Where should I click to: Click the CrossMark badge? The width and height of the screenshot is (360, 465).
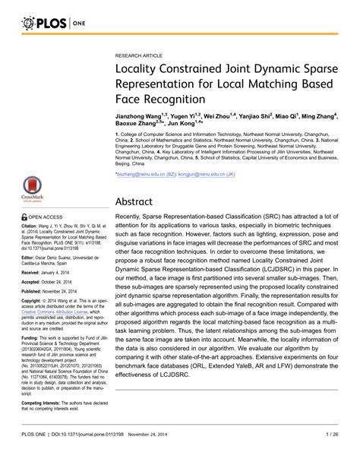point(31,190)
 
